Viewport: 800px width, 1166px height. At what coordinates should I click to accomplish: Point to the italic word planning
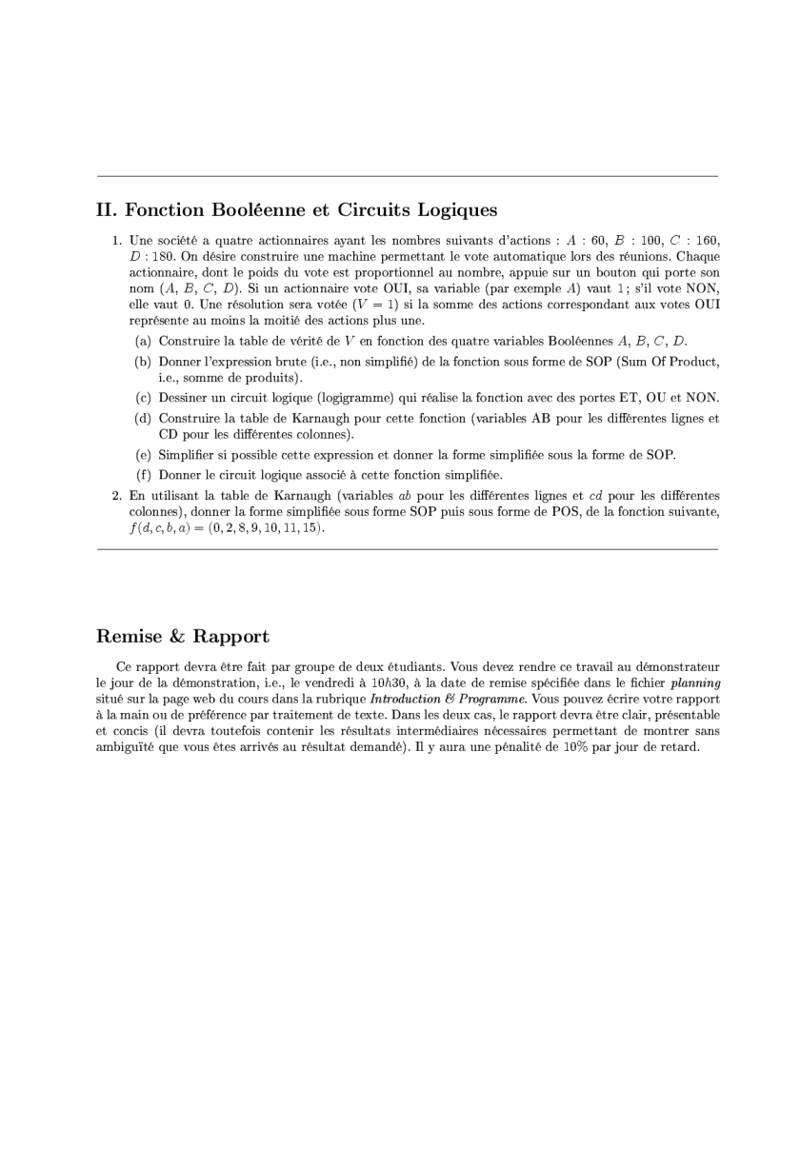coord(695,682)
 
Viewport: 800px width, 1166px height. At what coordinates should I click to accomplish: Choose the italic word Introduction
coord(422,699)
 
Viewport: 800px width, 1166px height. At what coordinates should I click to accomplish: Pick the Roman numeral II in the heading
coord(105,209)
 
